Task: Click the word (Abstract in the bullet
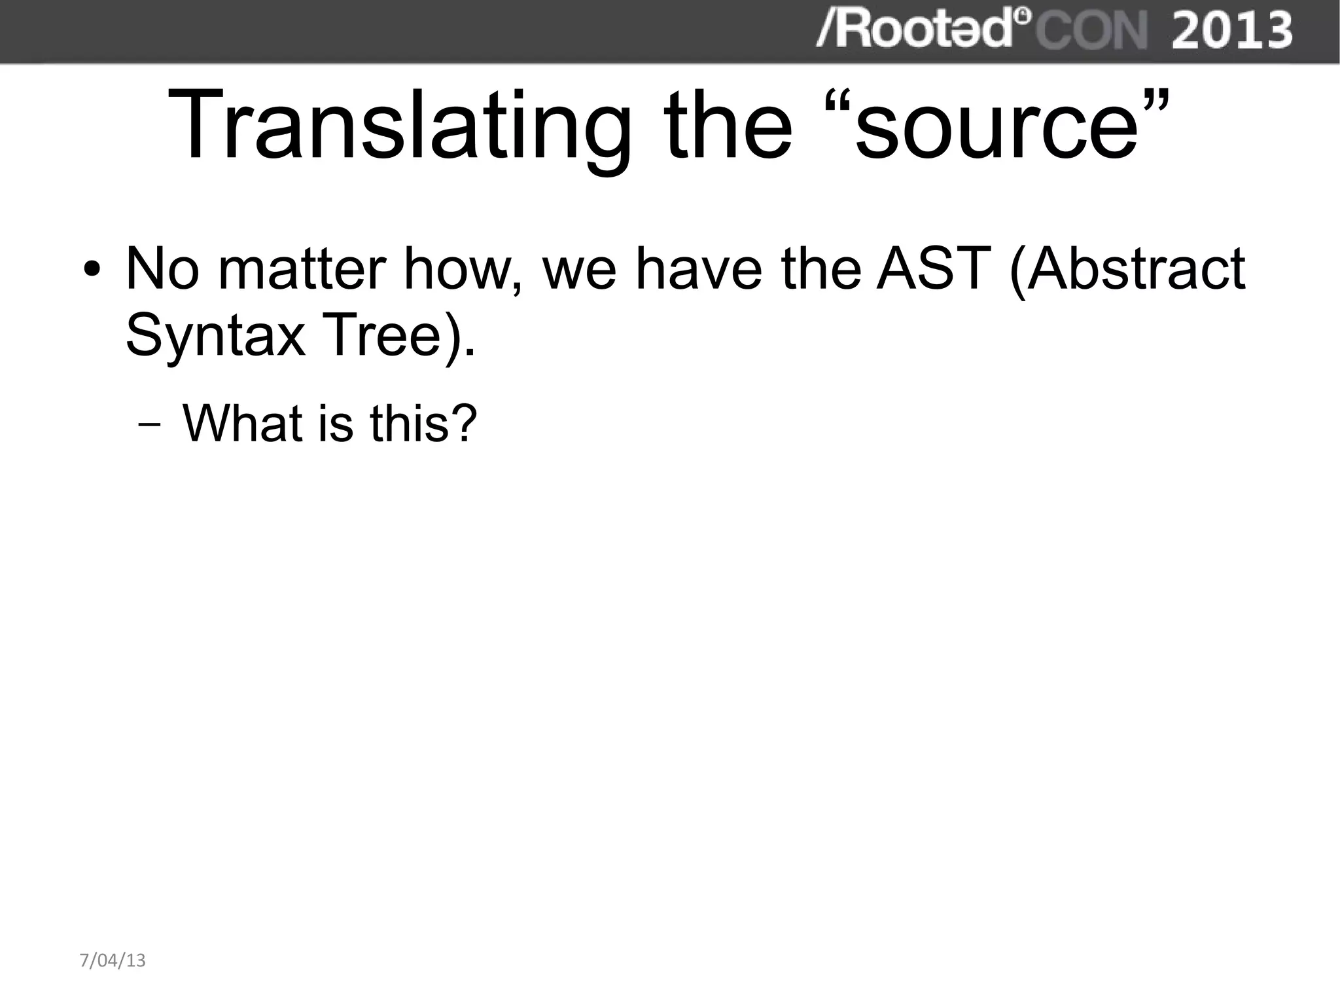pyautogui.click(x=1127, y=268)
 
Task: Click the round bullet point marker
pyautogui.click(x=93, y=270)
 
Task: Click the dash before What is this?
pyautogui.click(x=150, y=425)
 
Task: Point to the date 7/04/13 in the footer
pyautogui.click(x=113, y=960)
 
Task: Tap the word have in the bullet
pyautogui.click(x=698, y=268)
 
